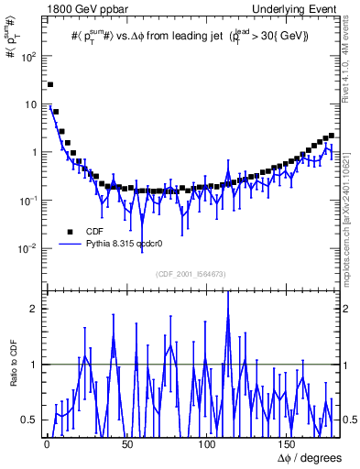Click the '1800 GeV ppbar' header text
(x=80, y=8)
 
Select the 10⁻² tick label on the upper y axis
(x=28, y=248)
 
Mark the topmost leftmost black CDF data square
(x=49, y=84)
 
